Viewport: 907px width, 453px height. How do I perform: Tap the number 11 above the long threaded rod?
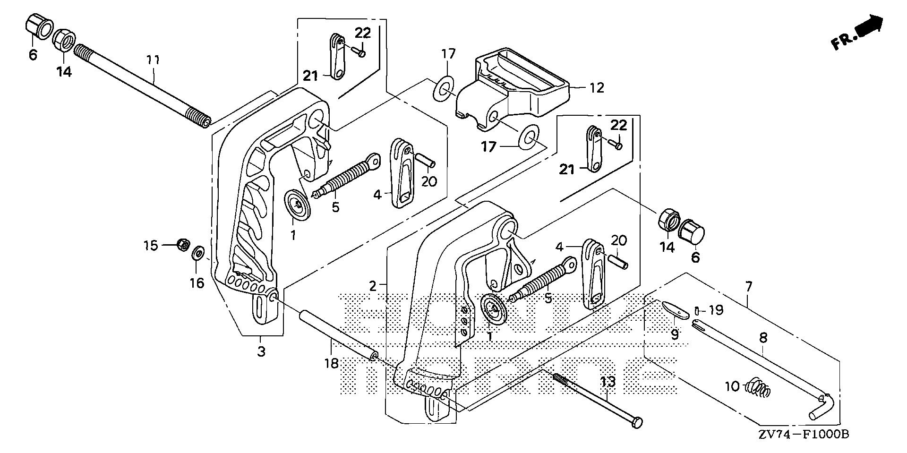pos(153,60)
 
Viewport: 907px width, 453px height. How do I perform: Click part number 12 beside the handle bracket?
pos(597,88)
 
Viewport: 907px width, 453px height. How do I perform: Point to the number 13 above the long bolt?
pos(608,382)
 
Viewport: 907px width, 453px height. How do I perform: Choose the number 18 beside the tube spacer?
pos(332,363)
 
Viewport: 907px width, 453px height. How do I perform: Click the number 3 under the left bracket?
pos(261,351)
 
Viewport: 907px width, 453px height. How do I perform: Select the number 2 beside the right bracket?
pos(373,286)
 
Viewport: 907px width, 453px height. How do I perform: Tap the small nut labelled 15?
pos(183,245)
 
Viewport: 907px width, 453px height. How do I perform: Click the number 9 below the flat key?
pos(675,334)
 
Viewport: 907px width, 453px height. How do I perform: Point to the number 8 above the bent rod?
pos(763,338)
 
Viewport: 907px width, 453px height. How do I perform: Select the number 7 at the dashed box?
pos(749,287)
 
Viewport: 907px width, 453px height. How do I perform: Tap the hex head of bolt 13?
pos(636,422)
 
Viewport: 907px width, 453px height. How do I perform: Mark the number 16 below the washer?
pos(197,282)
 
